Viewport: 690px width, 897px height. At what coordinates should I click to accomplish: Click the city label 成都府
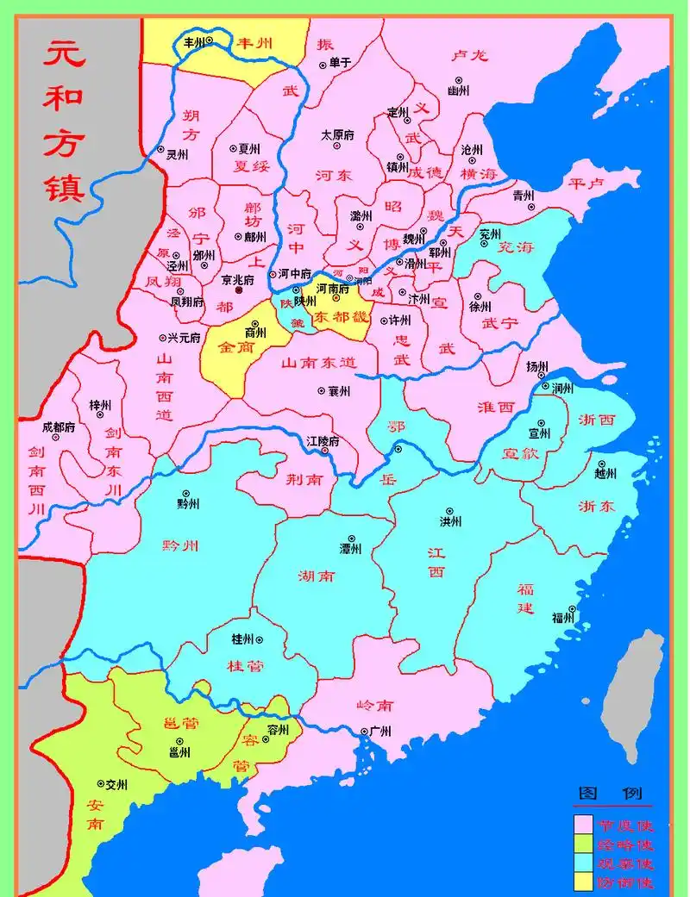59,427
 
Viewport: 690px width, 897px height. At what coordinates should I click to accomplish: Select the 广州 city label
380,731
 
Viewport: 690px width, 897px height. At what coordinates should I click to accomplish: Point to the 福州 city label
563,617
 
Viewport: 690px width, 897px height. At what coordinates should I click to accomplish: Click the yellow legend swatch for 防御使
583,881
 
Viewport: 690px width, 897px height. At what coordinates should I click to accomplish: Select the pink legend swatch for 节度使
583,825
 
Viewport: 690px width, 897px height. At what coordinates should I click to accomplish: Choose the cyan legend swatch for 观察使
583,863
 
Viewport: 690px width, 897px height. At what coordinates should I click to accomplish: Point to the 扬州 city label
537,366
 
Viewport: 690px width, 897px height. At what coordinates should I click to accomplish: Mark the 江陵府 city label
323,441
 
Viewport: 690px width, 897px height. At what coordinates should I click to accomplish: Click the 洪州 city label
450,521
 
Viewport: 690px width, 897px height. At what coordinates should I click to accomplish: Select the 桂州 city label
243,639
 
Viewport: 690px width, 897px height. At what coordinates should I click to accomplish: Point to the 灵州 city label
176,155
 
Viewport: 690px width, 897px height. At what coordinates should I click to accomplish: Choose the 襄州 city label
339,391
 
